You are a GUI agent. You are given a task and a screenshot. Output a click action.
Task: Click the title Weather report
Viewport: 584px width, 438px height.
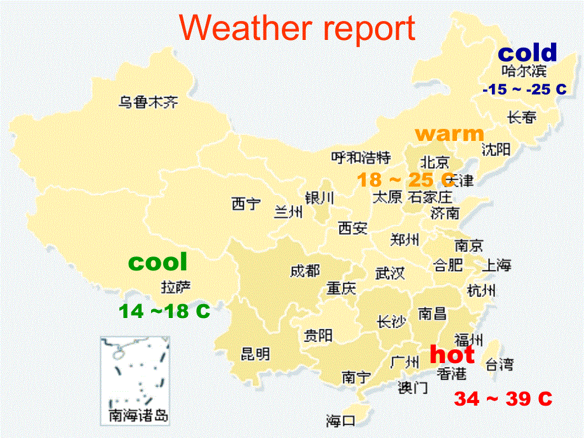[298, 29]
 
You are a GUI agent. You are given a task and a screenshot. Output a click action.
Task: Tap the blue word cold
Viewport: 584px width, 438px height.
[527, 53]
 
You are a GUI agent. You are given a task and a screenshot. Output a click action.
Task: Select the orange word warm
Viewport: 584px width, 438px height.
[449, 134]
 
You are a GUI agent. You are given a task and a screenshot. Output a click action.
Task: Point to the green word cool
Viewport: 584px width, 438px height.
[158, 262]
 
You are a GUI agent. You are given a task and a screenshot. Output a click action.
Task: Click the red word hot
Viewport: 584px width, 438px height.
[452, 354]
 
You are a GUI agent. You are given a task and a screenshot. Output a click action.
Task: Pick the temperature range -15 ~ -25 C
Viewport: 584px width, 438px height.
[524, 90]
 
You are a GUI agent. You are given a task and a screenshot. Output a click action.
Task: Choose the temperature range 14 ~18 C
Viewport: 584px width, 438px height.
[164, 311]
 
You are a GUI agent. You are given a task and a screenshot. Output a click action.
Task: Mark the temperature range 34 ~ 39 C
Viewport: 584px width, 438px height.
[503, 399]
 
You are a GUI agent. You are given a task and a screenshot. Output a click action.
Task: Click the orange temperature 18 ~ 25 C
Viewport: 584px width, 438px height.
[405, 180]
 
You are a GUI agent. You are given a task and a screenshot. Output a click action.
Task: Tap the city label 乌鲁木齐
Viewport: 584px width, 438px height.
[149, 102]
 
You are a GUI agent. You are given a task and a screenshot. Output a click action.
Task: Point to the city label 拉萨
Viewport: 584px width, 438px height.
[175, 287]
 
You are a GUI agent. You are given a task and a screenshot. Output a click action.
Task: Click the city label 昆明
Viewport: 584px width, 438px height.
[255, 354]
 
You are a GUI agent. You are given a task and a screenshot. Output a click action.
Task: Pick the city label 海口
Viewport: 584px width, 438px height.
[341, 420]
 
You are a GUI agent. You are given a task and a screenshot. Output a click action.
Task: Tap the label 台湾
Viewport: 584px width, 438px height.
[500, 364]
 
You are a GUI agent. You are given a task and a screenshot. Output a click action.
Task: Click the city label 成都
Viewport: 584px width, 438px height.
[305, 271]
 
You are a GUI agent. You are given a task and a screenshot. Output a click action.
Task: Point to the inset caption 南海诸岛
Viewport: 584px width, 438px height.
[138, 416]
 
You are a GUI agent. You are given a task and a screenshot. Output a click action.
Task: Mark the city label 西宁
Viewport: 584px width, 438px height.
[246, 204]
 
